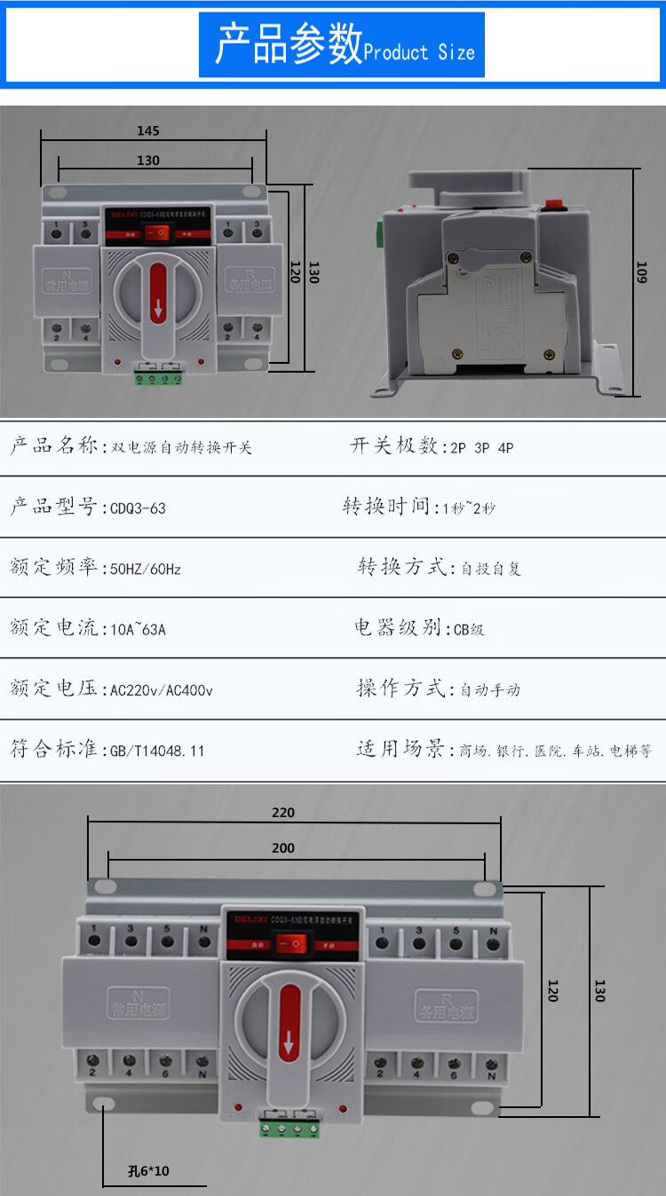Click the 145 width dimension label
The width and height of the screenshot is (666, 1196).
pos(148,130)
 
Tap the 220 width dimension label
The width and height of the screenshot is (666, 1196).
pos(283,812)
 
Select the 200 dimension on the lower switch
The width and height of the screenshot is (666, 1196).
pos(283,848)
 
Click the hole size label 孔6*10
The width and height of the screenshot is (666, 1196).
pos(148,1171)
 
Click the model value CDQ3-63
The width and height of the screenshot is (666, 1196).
pos(138,508)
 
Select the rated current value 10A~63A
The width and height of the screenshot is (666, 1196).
pos(138,630)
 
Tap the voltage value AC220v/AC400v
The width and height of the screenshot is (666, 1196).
pos(161,689)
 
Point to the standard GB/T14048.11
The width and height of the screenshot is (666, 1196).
pos(157,751)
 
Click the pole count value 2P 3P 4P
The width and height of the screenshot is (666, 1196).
pos(481,447)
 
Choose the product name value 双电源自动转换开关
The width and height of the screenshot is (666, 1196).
pos(181,447)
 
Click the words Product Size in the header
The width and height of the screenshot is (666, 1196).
pos(419,52)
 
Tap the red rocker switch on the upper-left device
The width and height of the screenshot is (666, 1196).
pos(158,232)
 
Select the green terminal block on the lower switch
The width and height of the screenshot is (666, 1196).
pos(289,1129)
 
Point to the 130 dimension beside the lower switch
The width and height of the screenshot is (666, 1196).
pos(599,990)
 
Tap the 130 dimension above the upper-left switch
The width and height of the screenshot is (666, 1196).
pos(148,161)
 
